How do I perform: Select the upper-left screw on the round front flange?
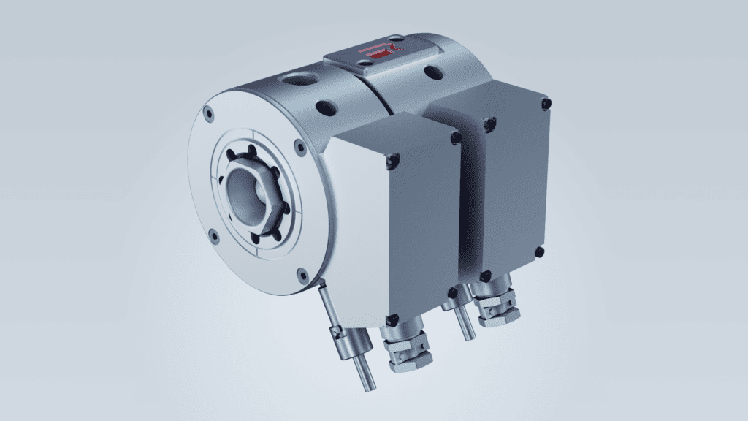pyautogui.click(x=210, y=114)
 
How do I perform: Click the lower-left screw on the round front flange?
pyautogui.click(x=212, y=236)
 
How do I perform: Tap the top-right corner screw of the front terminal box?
pyautogui.click(x=456, y=137)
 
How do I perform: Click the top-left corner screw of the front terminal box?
pyautogui.click(x=395, y=158)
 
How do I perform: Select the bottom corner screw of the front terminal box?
pyautogui.click(x=392, y=319)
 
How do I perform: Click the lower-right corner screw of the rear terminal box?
pyautogui.click(x=539, y=252)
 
